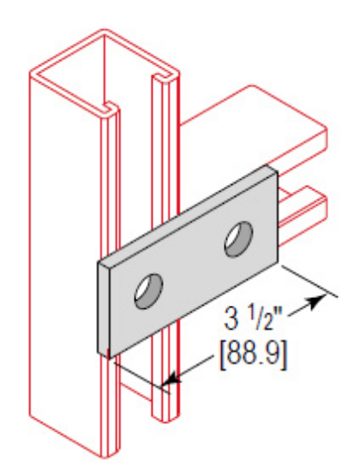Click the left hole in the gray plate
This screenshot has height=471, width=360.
tap(147, 291)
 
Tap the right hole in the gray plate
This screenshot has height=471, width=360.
tap(237, 238)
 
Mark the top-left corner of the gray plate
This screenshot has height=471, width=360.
tap(97, 261)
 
